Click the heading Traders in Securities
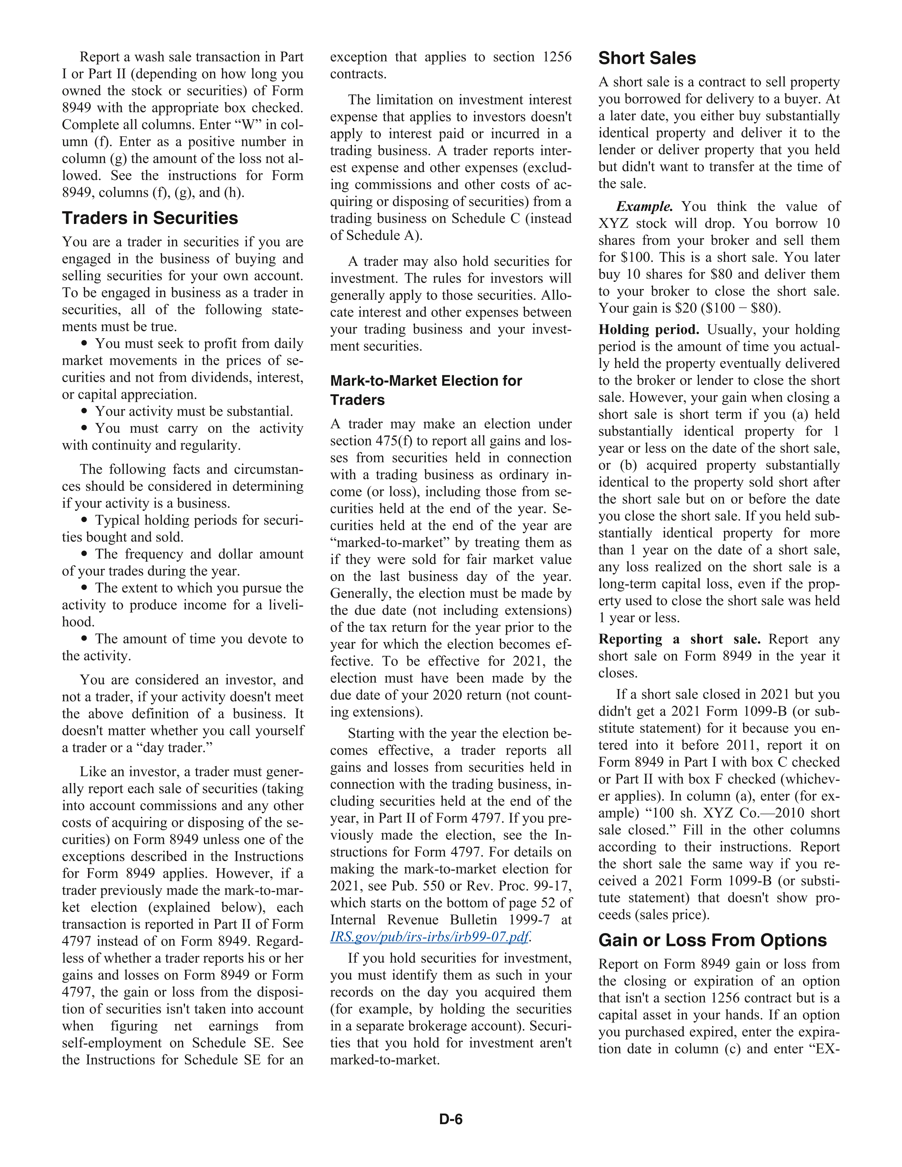point(150,218)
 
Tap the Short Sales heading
point(647,58)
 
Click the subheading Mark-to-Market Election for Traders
point(426,390)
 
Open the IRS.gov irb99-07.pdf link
point(430,937)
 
